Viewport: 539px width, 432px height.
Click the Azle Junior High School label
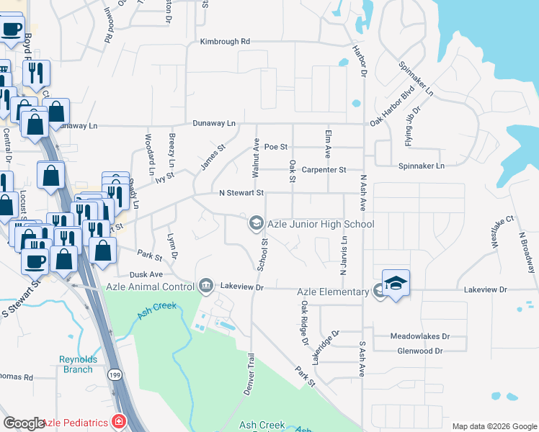[321, 224]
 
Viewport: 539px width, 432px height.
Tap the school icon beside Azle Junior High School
[255, 224]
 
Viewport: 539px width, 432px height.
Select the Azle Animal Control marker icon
[206, 287]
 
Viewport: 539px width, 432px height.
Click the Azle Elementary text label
[333, 291]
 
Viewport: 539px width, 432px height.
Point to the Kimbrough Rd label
[225, 42]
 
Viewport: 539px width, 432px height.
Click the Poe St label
[276, 146]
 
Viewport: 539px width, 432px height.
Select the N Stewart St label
[242, 193]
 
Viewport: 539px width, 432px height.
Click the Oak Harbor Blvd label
[393, 107]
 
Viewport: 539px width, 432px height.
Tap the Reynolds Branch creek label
[76, 364]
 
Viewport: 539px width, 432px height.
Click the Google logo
[24, 423]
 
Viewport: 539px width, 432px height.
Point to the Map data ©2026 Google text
[494, 426]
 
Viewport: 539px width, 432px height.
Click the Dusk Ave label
[146, 274]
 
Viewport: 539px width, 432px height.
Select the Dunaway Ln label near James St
[214, 123]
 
